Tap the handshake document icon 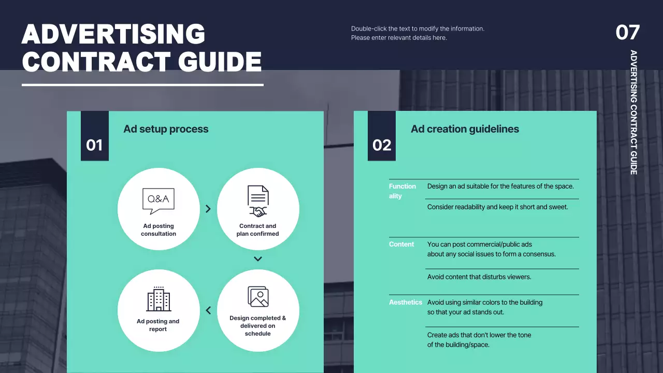point(258,201)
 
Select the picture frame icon point(258,296)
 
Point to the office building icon point(158,298)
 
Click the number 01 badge point(94,145)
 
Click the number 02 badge point(382,145)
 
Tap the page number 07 point(628,33)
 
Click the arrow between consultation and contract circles point(208,209)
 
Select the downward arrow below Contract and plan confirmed point(258,259)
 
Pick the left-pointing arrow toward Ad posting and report point(208,310)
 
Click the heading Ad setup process point(166,129)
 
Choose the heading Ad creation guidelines point(465,129)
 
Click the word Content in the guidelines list point(401,244)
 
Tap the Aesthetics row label point(406,302)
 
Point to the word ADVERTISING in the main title point(113,34)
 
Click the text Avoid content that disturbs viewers point(479,277)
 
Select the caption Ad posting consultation point(158,229)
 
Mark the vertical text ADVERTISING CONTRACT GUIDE point(633,112)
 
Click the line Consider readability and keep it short point(497,207)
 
